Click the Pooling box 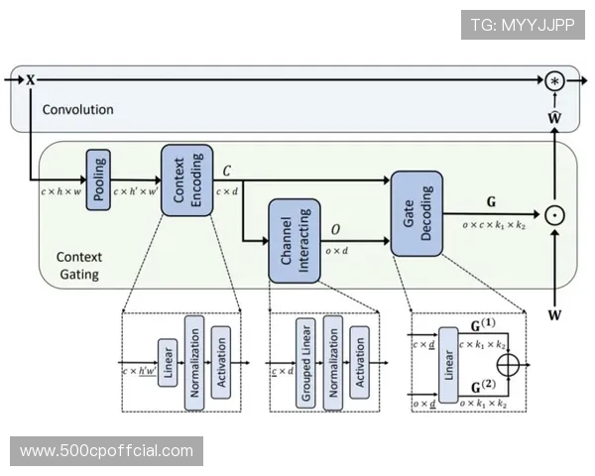point(99,179)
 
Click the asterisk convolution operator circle point(555,79)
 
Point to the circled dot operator point(555,212)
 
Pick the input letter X point(30,79)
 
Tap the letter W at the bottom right point(555,315)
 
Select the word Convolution point(77,109)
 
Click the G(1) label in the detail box point(483,324)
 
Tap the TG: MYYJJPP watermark point(523,25)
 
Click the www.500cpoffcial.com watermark point(107,451)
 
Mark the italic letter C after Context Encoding point(227,171)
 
